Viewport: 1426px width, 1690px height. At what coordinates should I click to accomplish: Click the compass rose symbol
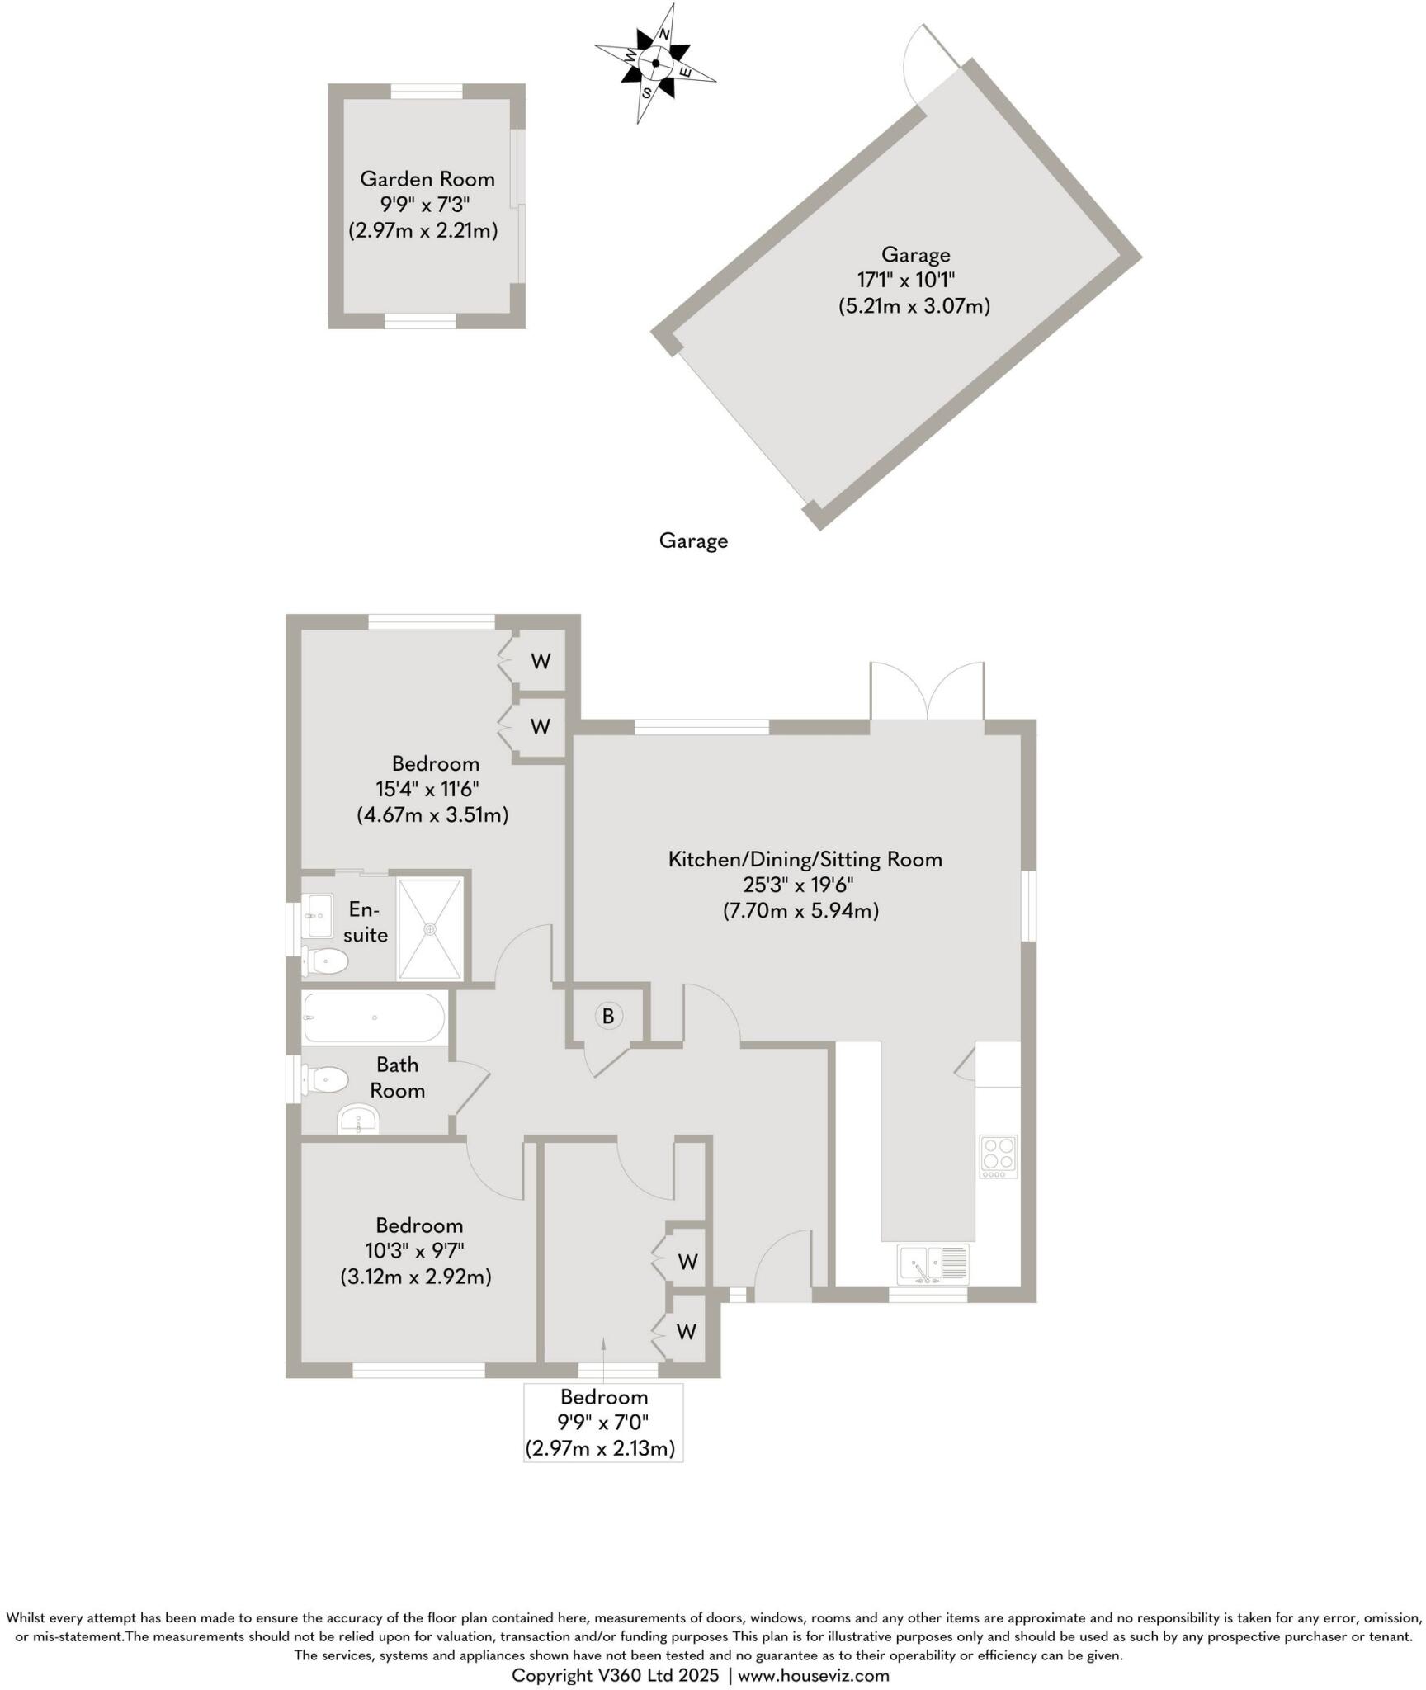655,64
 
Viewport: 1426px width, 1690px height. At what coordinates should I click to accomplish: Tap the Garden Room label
427,179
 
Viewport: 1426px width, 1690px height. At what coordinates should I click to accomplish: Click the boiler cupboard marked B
608,1016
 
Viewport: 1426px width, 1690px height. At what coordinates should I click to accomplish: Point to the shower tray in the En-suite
429,929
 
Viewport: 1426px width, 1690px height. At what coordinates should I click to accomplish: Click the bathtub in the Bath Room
374,1017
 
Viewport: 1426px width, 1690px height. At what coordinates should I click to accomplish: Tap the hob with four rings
999,1156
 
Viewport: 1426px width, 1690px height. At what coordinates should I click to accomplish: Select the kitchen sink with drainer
933,1264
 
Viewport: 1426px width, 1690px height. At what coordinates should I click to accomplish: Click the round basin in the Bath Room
358,1120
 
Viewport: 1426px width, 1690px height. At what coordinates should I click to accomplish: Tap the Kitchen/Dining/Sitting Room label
805,859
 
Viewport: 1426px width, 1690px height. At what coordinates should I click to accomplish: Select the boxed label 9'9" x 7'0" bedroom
602,1422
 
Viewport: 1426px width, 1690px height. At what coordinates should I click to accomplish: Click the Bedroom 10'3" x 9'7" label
418,1225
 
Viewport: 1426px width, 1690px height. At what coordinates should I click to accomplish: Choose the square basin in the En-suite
317,915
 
